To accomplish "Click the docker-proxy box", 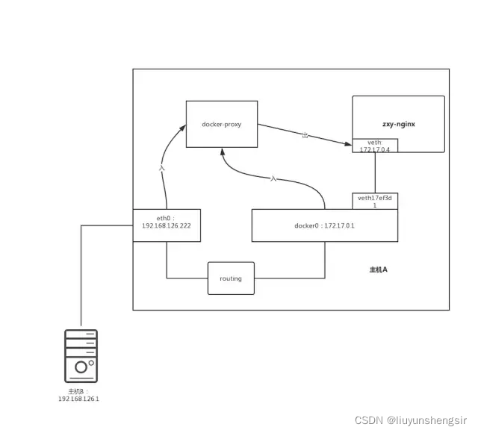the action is pyautogui.click(x=222, y=124).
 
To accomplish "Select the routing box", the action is pyautogui.click(x=231, y=278).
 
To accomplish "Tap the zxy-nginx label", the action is pyautogui.click(x=398, y=125).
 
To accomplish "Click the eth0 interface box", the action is pyautogui.click(x=167, y=225).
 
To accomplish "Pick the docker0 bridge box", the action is pyautogui.click(x=325, y=225).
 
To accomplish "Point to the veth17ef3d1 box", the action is pyautogui.click(x=375, y=201).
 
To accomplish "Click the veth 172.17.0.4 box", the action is pyautogui.click(x=375, y=146).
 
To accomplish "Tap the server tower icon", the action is pyautogui.click(x=81, y=356).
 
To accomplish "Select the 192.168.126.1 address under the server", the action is pyautogui.click(x=78, y=399).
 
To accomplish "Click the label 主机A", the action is pyautogui.click(x=379, y=270).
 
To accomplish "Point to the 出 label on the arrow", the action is pyautogui.click(x=305, y=134).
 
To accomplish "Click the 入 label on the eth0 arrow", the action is pyautogui.click(x=162, y=168).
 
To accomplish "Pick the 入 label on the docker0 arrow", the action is pyautogui.click(x=273, y=179).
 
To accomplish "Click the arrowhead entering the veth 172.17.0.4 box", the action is pyautogui.click(x=348, y=143).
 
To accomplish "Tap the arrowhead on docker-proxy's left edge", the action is pyautogui.click(x=182, y=128).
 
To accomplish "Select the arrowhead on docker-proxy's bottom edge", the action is pyautogui.click(x=223, y=152).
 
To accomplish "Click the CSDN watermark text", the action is pyautogui.click(x=411, y=420).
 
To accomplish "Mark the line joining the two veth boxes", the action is pyautogui.click(x=375, y=172).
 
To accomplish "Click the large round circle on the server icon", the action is pyautogui.click(x=81, y=367).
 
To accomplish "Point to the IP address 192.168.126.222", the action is pyautogui.click(x=167, y=225).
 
